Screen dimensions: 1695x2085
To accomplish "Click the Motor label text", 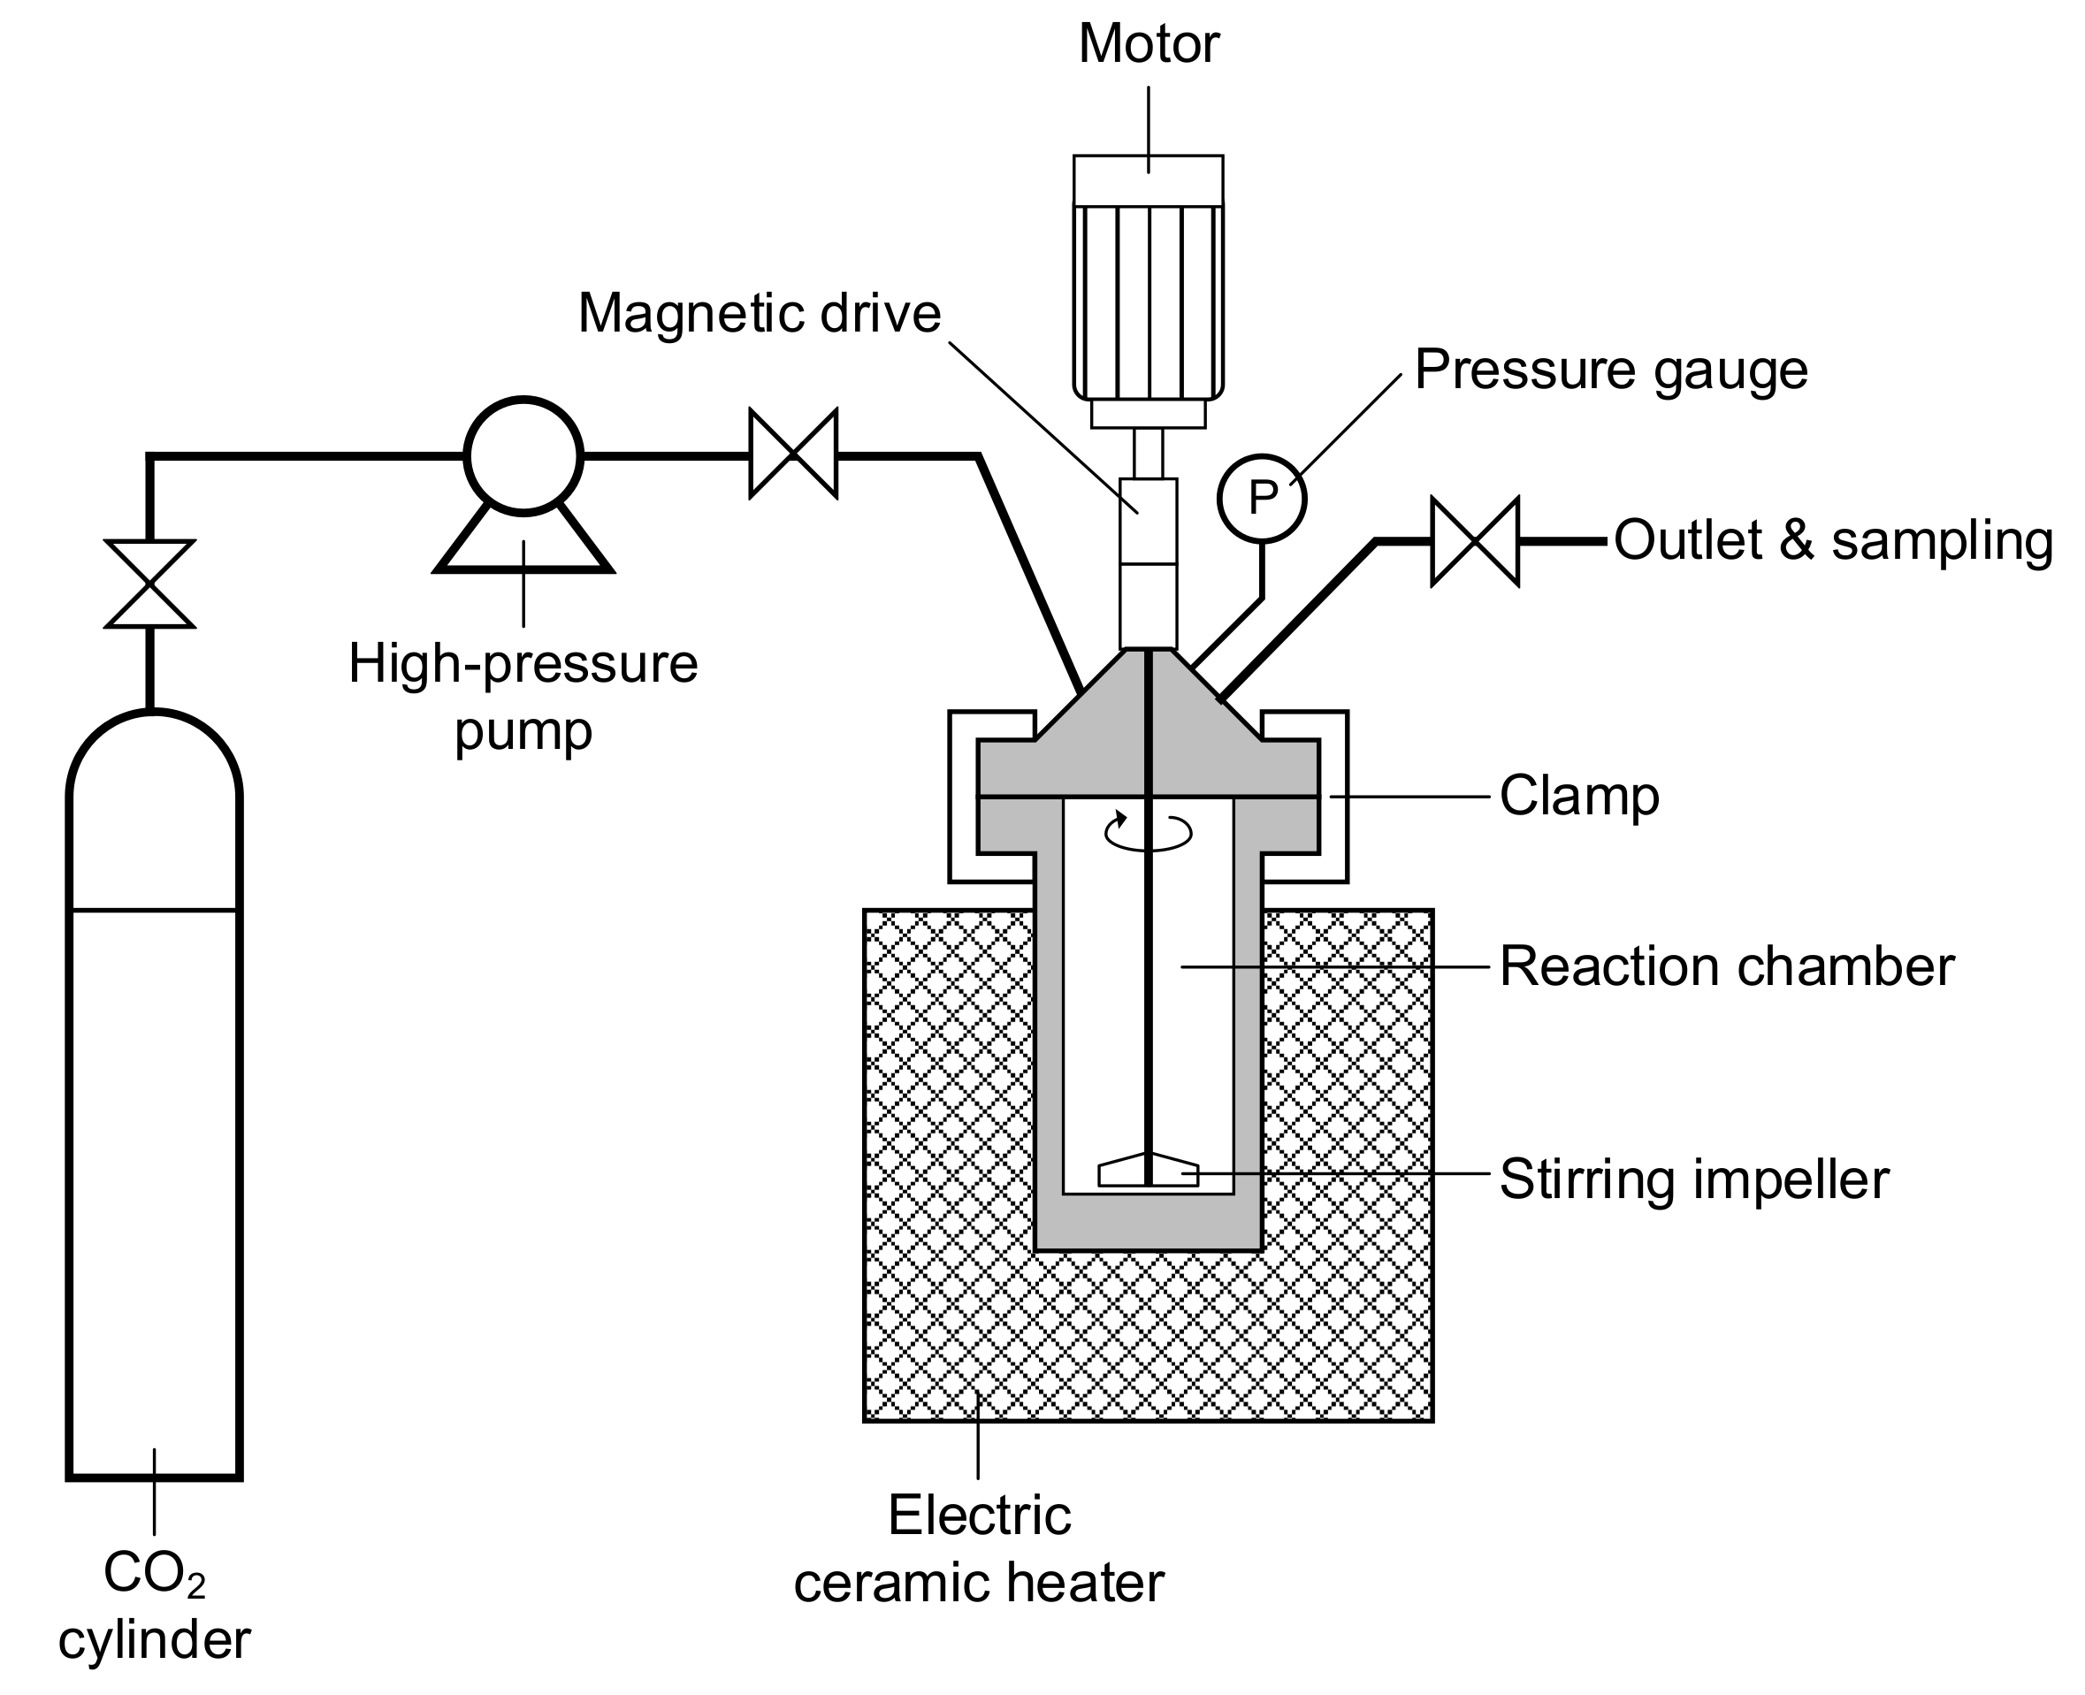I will pos(1148,45).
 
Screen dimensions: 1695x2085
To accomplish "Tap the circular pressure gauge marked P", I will pos(1261,498).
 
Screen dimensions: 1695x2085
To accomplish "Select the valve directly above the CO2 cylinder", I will pos(149,584).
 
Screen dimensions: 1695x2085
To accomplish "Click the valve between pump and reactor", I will pos(792,454).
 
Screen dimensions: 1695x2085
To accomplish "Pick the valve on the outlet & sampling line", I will pos(1474,542).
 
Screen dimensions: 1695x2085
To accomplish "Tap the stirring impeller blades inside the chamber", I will pos(1148,1171).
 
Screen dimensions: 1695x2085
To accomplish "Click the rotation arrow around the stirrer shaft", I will pos(1148,831).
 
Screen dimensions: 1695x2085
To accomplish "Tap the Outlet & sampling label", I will pos(1833,541).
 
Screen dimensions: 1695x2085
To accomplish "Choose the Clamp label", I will pos(1578,797).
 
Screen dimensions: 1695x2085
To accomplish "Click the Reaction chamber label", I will pos(1726,967).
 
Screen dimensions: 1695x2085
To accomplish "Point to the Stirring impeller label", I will pos(1693,1180).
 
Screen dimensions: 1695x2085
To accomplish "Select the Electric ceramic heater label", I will pos(979,1548).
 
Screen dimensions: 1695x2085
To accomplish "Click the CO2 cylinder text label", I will pos(155,1608).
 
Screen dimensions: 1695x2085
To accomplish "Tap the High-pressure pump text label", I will pos(523,697).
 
